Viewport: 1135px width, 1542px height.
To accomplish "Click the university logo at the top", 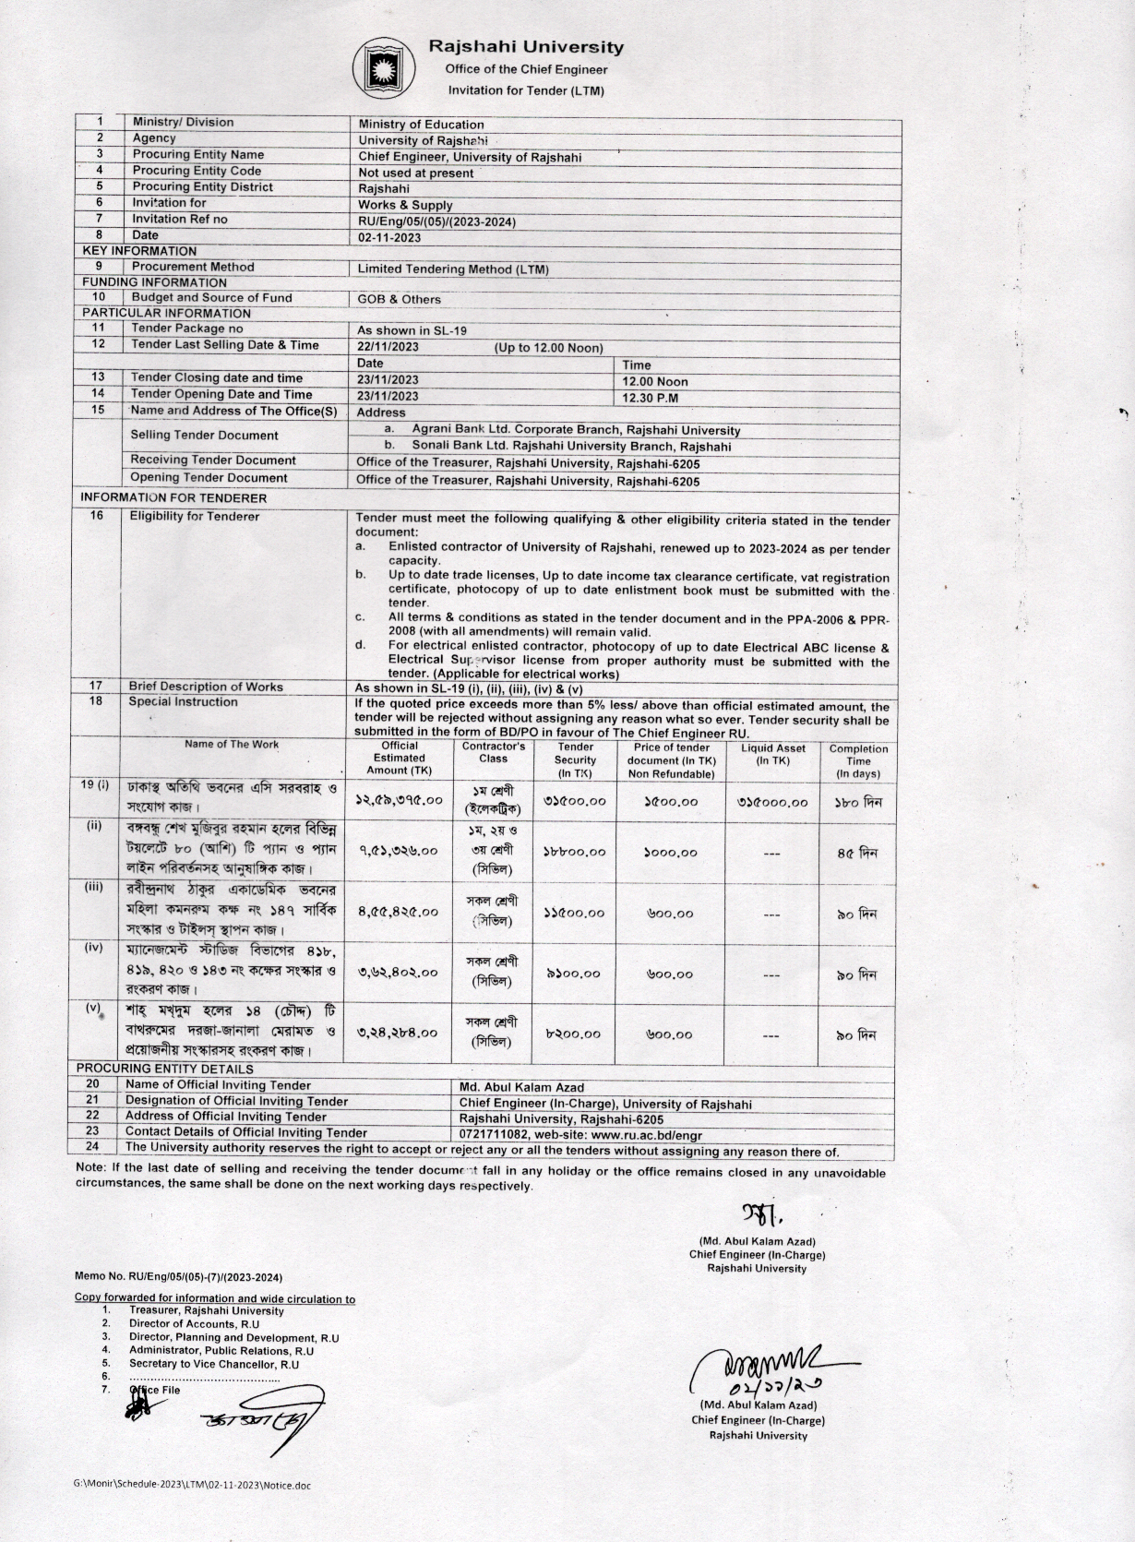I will click(376, 67).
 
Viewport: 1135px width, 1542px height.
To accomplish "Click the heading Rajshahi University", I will click(526, 47).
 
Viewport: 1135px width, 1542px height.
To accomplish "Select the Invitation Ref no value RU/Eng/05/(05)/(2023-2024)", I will click(436, 221).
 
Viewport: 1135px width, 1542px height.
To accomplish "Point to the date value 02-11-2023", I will click(389, 237).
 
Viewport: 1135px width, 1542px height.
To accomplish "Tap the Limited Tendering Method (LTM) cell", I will click(453, 269).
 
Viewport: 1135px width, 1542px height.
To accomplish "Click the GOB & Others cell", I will click(400, 299).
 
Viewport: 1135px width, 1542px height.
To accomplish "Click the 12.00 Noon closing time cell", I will click(655, 381).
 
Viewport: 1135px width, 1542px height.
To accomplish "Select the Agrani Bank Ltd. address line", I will click(576, 430).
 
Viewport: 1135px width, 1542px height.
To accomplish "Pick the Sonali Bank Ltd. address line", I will click(571, 447).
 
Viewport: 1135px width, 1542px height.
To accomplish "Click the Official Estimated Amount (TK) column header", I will click(400, 759).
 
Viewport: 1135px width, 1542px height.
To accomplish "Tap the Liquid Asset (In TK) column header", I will click(772, 755).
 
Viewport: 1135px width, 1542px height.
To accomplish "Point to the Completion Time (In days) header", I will click(857, 761).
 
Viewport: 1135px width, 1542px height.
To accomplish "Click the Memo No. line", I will click(178, 1277).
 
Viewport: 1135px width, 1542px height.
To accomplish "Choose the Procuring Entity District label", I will click(202, 186).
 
